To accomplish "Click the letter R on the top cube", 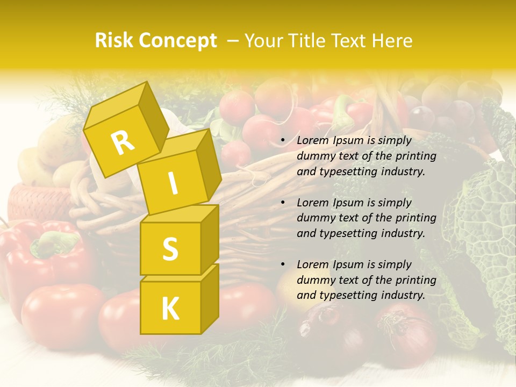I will coord(123,142).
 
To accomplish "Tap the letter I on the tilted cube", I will coord(173,183).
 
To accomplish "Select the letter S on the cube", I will coord(170,249).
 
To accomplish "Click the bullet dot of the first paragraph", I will coord(283,141).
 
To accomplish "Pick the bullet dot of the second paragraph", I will coord(283,203).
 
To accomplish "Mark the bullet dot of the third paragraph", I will coord(283,265).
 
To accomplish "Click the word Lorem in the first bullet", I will coord(313,141).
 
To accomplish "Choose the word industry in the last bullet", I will coord(401,295).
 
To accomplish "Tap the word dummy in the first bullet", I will coord(315,156).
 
